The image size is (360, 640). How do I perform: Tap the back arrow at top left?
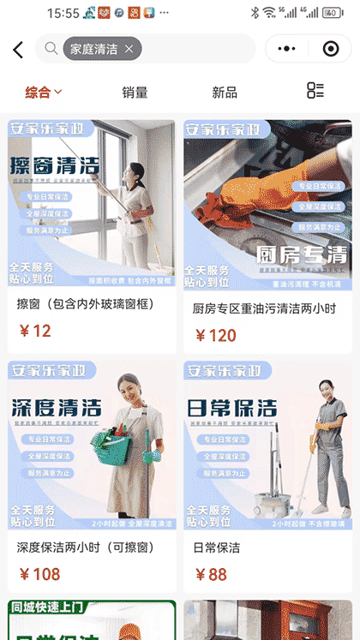click(18, 50)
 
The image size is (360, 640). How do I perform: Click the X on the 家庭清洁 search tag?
click(129, 49)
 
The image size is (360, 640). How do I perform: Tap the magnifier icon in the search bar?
click(51, 49)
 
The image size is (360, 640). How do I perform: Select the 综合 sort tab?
click(43, 92)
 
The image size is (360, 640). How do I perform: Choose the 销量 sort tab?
click(135, 92)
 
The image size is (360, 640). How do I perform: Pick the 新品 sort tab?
click(225, 92)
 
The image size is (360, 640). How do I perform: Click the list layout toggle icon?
click(315, 91)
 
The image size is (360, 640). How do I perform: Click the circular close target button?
click(330, 49)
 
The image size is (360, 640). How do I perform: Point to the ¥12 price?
click(35, 331)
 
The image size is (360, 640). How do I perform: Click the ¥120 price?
click(215, 335)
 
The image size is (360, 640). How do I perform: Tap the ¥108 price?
click(39, 574)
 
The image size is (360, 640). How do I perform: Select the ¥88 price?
click(211, 574)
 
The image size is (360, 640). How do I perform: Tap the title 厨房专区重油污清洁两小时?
click(263, 308)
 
